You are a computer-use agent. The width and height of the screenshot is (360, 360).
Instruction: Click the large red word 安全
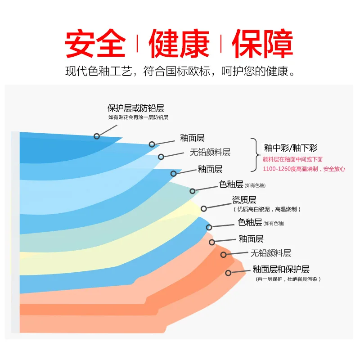coord(95,44)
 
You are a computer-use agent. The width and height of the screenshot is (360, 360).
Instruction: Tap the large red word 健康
coord(179,44)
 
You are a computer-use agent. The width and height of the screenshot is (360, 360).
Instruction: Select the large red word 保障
coord(263,44)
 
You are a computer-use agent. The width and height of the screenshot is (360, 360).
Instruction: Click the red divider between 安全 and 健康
coord(137,44)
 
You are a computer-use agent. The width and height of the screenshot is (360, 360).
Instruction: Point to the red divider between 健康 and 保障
coord(221,44)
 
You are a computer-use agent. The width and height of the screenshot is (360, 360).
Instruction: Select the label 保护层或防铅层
coord(135,108)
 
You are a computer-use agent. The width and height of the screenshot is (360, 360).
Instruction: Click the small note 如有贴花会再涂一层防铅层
coord(138,117)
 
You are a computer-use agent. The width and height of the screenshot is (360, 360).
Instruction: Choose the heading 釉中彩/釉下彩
coord(291,148)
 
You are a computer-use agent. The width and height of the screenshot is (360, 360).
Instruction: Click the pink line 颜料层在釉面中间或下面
coord(292,159)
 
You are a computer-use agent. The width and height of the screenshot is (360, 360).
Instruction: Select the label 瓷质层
coord(244,200)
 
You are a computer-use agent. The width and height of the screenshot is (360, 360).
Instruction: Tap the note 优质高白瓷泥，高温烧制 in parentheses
coord(267,209)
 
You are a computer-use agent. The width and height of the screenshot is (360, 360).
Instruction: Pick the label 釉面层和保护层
coord(281,269)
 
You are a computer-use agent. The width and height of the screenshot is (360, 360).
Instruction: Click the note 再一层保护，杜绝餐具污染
coord(288,279)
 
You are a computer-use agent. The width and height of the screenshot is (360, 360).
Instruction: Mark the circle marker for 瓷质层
coord(204,208)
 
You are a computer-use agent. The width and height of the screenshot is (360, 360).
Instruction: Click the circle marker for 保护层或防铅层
coord(97,135)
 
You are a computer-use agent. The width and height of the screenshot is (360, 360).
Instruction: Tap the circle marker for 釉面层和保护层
coord(229,273)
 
